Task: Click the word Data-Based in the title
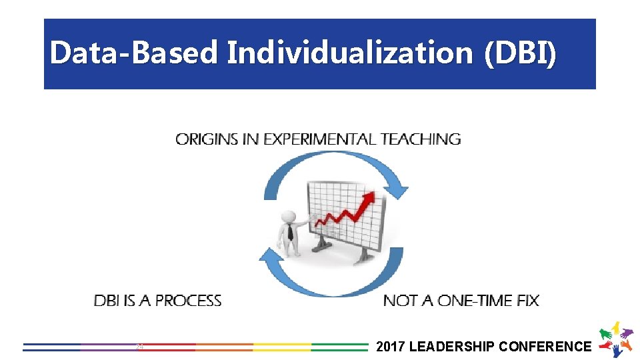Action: [x=133, y=53]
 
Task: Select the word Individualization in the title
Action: [x=350, y=53]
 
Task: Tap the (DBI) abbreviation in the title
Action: [x=519, y=53]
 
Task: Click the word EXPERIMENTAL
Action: [x=320, y=139]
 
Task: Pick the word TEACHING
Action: [x=421, y=139]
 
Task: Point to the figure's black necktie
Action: [x=290, y=232]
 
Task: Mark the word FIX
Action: [x=527, y=301]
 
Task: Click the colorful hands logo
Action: [x=616, y=339]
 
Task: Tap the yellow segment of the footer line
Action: [x=281, y=347]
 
